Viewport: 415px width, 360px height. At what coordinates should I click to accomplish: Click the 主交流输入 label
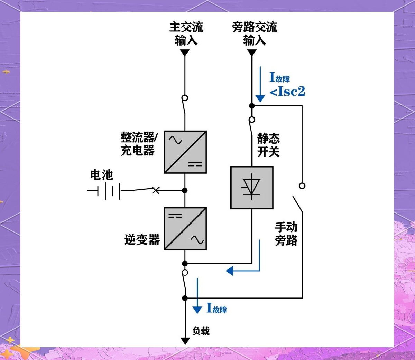186,34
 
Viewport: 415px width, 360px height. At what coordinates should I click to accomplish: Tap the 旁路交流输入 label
255,34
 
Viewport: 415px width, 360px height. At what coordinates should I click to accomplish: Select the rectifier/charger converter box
185,152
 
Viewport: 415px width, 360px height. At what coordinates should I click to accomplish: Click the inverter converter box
185,229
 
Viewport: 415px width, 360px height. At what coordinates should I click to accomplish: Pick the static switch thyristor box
252,188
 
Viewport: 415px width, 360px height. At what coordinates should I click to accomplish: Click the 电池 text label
101,175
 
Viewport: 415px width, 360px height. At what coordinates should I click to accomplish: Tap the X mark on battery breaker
156,190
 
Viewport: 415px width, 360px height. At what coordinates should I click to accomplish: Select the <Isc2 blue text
287,92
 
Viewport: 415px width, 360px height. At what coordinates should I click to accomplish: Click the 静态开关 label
268,145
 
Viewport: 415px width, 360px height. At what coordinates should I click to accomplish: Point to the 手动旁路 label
286,234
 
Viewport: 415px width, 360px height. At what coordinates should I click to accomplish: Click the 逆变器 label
142,239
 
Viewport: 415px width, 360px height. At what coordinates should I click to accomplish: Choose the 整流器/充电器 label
138,144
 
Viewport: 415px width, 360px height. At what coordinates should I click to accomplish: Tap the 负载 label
201,331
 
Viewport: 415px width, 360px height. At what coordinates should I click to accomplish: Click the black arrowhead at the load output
185,341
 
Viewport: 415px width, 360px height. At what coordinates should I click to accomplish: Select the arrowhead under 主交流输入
185,53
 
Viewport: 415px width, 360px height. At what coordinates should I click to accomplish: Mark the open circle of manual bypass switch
302,186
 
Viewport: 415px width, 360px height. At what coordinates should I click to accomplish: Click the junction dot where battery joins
185,190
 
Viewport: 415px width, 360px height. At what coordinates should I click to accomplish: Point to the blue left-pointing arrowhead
230,271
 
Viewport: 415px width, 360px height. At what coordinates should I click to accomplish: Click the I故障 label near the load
217,308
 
